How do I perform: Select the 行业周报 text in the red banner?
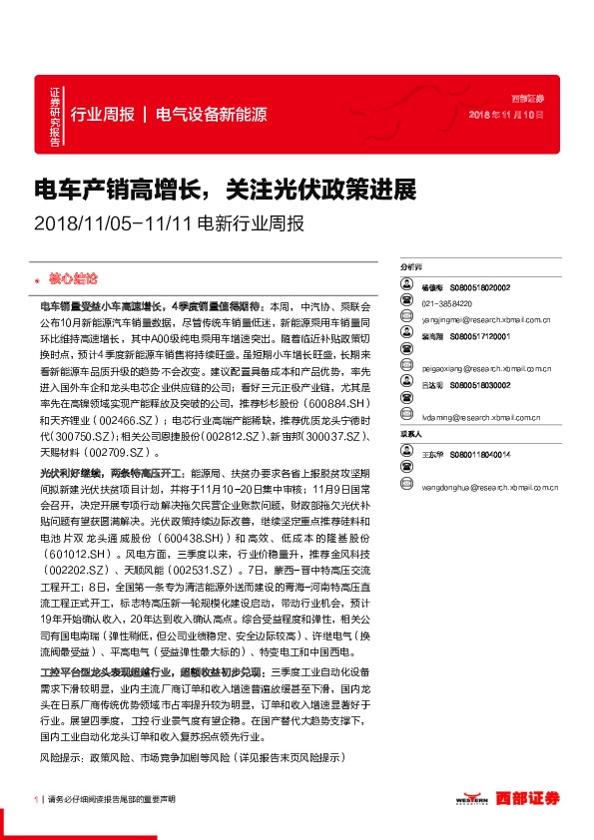tap(103, 114)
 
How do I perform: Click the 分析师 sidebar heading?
tap(410, 268)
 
